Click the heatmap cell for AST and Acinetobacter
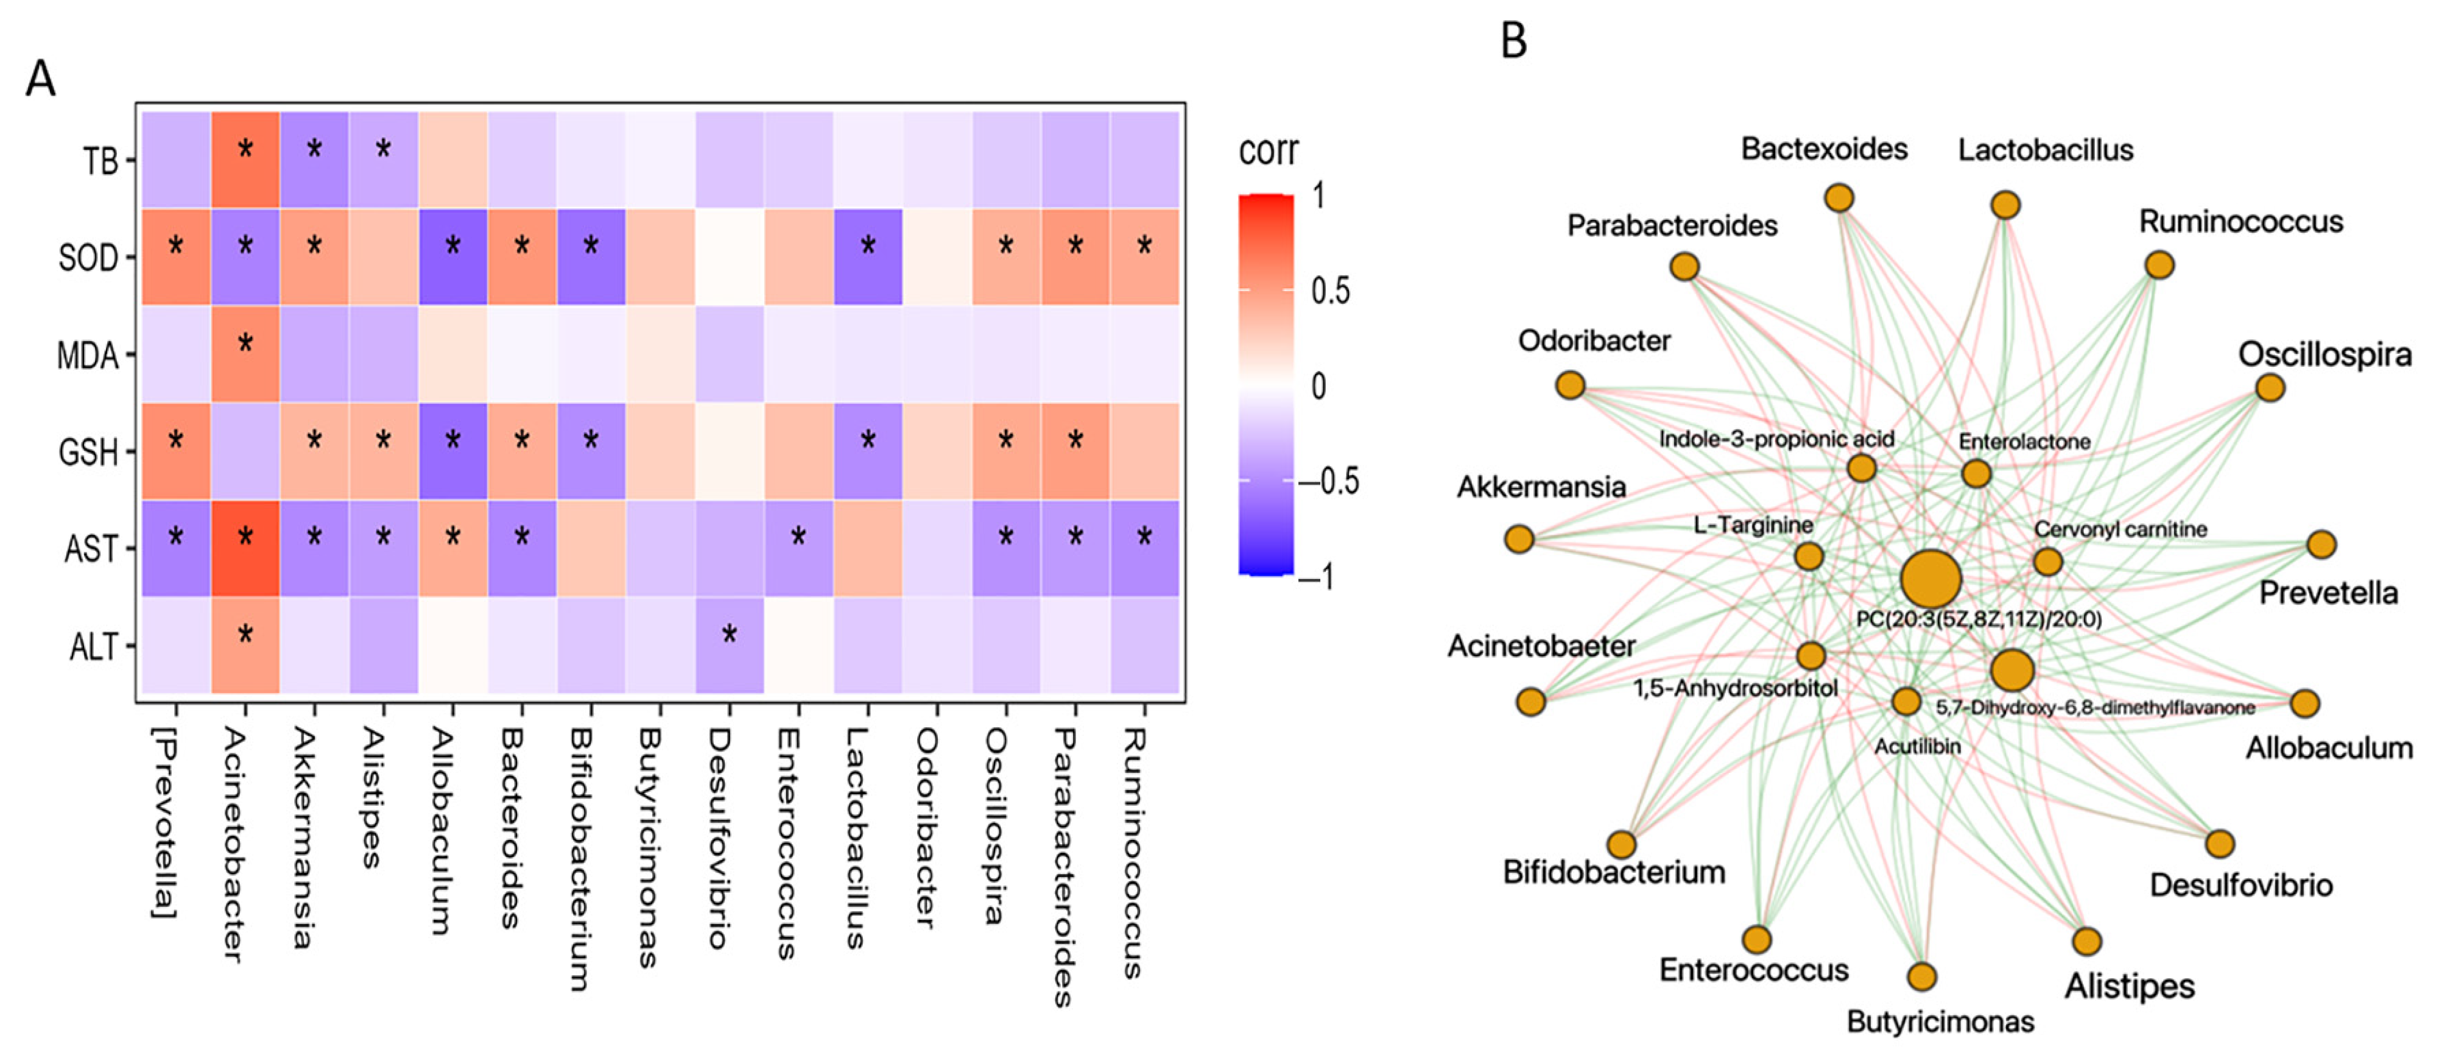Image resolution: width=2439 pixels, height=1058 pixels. click(x=245, y=548)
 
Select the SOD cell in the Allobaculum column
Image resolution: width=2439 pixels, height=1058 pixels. click(x=452, y=256)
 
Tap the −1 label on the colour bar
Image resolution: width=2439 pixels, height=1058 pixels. click(x=1318, y=576)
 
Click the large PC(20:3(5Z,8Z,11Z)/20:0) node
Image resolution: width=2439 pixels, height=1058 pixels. click(x=1930, y=578)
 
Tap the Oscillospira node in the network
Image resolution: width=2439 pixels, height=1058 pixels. click(x=2270, y=387)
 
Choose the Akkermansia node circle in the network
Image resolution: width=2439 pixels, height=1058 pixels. click(x=1519, y=539)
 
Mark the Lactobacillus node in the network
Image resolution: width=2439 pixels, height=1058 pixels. click(x=2005, y=205)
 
